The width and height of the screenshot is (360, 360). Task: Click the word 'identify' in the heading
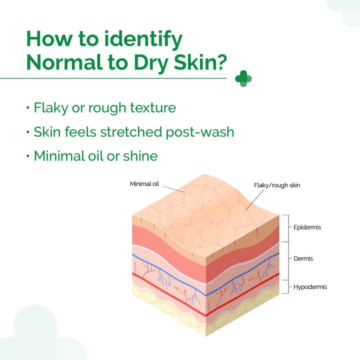[x=145, y=39]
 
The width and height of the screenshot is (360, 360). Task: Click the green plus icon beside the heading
[x=243, y=78]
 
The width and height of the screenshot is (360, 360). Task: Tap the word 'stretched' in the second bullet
[x=132, y=132]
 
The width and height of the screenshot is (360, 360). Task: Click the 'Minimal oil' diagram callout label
[x=144, y=184]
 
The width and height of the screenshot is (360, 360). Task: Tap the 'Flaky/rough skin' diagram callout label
[x=277, y=185]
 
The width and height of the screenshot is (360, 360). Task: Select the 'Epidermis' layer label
[x=307, y=227]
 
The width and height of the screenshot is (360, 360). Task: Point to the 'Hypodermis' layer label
[x=310, y=287]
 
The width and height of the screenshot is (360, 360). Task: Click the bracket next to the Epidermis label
[x=286, y=227]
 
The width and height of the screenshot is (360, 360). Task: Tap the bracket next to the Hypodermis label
[x=286, y=287]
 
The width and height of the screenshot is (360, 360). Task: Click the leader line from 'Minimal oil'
[x=173, y=188]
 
